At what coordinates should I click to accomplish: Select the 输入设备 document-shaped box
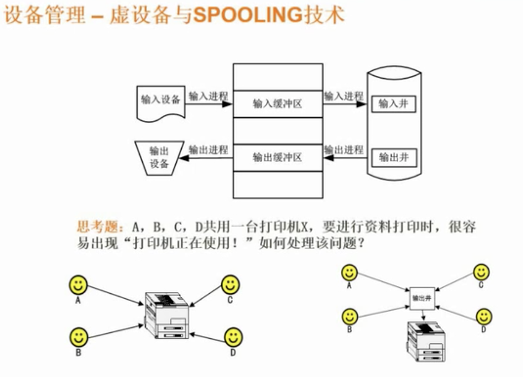160,102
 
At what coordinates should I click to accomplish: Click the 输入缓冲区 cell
277,104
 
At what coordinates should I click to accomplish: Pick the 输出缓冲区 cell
277,157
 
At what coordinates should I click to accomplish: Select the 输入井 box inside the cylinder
393,104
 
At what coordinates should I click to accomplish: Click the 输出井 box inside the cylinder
393,157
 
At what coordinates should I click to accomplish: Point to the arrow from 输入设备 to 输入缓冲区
208,104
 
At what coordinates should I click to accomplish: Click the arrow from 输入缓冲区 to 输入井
344,104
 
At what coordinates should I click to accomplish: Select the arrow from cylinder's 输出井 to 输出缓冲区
344,158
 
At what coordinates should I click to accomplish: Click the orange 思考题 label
99,227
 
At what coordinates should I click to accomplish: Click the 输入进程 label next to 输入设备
208,96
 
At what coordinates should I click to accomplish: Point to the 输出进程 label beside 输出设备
208,149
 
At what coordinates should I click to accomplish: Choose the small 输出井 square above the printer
422,298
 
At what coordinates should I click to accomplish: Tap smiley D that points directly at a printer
233,337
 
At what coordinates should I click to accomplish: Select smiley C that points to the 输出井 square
481,273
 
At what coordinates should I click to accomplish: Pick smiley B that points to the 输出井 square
350,317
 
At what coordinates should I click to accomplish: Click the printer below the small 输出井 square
426,341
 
